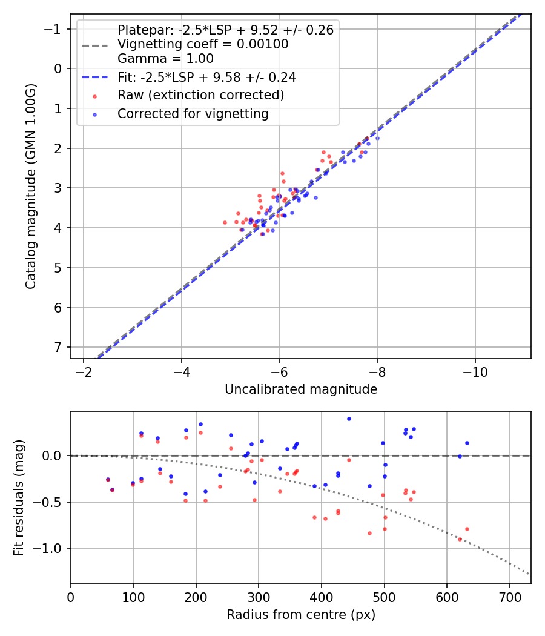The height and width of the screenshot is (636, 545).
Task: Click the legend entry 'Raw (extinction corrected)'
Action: [x=200, y=95]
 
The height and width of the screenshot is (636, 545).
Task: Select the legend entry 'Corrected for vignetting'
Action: [x=193, y=113]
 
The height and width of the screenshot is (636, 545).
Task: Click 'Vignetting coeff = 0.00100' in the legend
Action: [x=203, y=44]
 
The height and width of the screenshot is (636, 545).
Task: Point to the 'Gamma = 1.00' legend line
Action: [x=165, y=59]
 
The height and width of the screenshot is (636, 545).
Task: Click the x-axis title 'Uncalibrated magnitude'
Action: [x=301, y=389]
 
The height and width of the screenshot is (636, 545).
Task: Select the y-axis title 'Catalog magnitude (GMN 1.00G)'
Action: [x=31, y=187]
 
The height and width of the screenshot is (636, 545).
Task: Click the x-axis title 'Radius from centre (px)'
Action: [x=301, y=615]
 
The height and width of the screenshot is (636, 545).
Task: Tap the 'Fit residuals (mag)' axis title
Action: [x=19, y=497]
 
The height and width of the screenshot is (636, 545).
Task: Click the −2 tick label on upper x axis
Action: [x=83, y=370]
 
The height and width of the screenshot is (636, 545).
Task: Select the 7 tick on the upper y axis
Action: [x=58, y=348]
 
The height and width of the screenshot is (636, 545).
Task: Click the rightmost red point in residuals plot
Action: [x=467, y=529]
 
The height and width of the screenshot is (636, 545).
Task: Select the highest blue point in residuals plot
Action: [x=349, y=419]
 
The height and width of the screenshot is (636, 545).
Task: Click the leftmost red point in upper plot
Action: [x=225, y=222]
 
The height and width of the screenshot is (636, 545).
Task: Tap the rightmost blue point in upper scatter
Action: [x=377, y=138]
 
